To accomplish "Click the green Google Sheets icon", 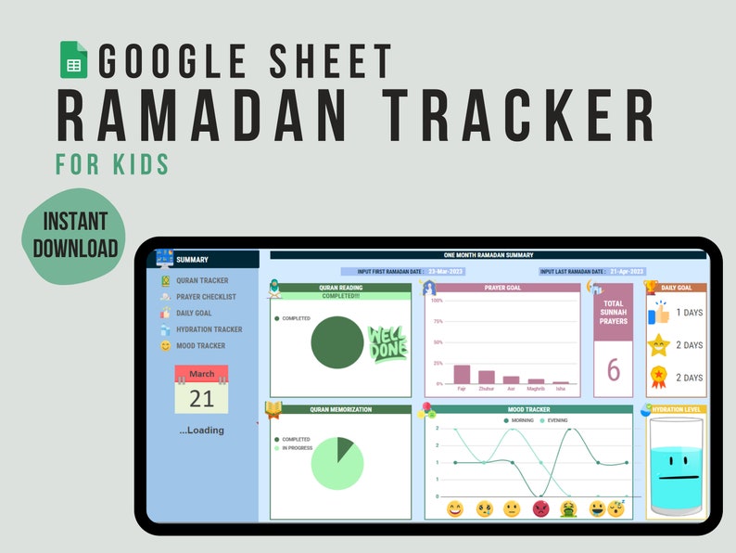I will (x=73, y=60).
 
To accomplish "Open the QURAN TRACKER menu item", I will (x=201, y=280).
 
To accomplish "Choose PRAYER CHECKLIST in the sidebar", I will (x=206, y=297).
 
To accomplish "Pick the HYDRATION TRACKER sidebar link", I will (x=209, y=329).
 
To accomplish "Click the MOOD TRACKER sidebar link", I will (x=200, y=346).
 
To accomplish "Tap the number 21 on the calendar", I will (x=201, y=399).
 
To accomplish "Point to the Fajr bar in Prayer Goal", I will (x=462, y=374).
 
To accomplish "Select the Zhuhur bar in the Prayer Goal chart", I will (x=486, y=377).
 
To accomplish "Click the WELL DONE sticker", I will (x=387, y=343).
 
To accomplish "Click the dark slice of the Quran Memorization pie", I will (x=344, y=448).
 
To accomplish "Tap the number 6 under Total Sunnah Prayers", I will (x=613, y=369).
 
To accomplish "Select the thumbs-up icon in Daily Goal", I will (x=658, y=312).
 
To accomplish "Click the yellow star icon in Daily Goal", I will (x=658, y=345).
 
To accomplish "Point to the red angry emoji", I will (x=540, y=508).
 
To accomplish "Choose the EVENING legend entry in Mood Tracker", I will (x=554, y=420).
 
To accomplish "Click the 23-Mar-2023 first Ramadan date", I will (x=446, y=272).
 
